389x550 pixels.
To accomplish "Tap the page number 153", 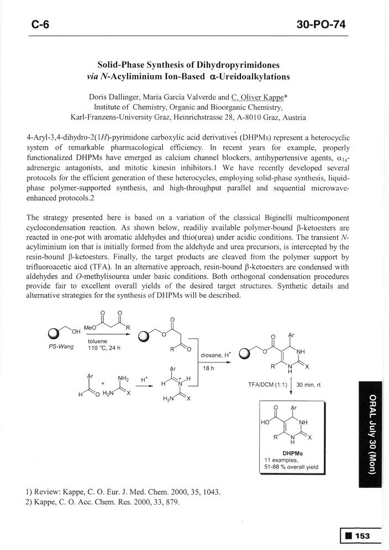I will point(362,535).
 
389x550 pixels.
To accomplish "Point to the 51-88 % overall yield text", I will point(292,468).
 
